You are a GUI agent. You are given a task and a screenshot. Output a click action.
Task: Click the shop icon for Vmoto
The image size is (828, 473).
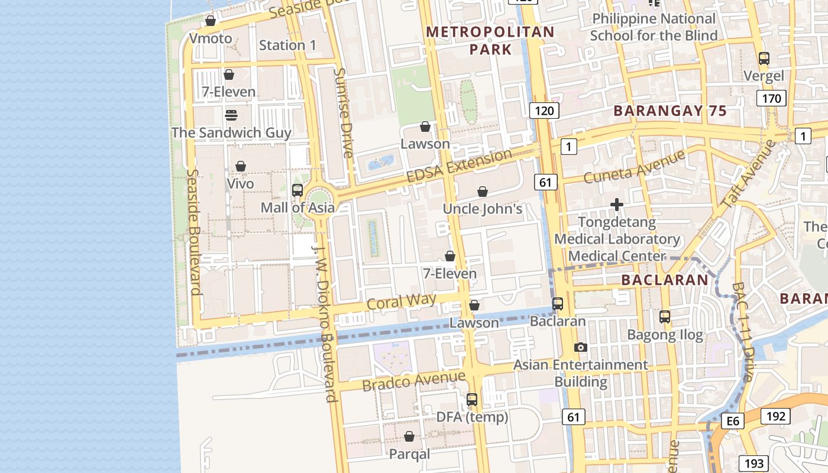210,21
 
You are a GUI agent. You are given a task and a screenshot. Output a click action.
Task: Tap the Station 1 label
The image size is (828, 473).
287,45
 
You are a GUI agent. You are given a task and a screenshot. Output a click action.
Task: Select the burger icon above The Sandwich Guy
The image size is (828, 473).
231,115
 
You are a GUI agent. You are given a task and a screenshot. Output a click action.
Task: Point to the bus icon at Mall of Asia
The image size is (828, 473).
297,190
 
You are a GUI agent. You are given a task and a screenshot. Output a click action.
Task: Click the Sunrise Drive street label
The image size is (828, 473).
343,112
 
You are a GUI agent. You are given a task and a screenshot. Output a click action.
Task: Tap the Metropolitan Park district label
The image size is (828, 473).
490,40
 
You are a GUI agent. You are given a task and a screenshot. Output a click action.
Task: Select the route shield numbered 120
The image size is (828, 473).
544,110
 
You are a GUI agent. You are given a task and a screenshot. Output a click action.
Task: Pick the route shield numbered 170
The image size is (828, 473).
771,98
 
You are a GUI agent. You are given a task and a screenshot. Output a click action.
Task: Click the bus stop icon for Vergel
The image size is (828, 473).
764,59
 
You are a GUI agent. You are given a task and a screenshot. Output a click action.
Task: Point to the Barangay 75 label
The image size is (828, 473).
669,111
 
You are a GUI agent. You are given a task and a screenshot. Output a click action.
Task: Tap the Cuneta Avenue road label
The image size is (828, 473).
634,166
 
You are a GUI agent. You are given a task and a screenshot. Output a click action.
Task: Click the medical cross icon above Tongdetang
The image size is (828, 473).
617,205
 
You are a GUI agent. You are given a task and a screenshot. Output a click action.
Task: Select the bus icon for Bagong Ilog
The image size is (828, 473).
665,317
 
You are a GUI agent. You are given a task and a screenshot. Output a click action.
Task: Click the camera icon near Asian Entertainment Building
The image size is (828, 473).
581,348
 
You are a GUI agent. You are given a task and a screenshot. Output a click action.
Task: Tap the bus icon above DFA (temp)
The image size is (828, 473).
471,400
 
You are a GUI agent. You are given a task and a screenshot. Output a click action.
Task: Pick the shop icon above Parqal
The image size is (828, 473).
409,437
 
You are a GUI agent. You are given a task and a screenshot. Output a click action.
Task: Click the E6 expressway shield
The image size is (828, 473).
733,420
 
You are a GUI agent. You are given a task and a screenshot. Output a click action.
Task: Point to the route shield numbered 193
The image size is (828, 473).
754,464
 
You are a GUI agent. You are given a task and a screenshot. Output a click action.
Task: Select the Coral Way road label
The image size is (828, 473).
401,302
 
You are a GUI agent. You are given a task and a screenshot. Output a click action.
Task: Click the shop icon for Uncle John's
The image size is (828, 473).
483,192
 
